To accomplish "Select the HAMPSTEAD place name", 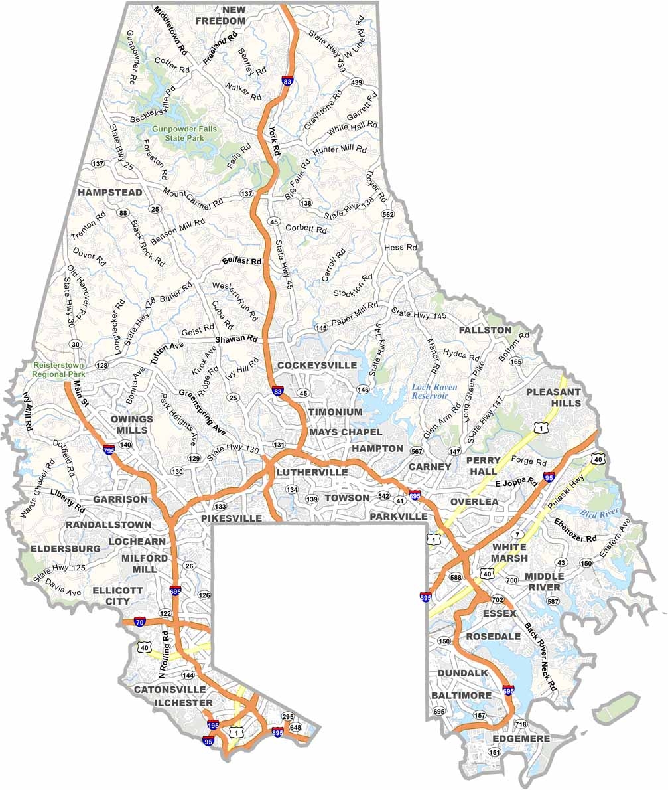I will click(x=109, y=192).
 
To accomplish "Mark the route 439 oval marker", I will click(x=356, y=82).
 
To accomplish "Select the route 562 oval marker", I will click(x=388, y=214).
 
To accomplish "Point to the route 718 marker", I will click(x=520, y=724).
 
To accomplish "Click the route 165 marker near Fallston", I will click(x=516, y=362).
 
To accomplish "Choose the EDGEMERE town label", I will click(x=521, y=738).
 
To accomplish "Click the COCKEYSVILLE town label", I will click(x=317, y=365).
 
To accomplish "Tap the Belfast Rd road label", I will click(x=241, y=261).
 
